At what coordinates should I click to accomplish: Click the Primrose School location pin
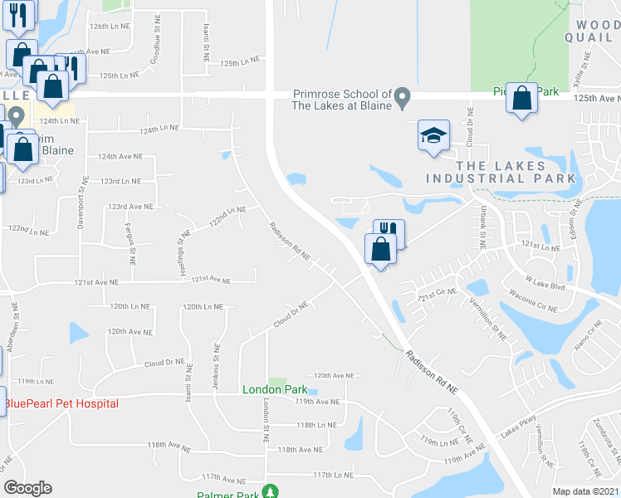[403, 99]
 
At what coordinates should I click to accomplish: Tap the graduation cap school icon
[433, 136]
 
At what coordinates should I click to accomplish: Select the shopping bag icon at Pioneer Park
[521, 99]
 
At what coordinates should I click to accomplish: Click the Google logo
[27, 488]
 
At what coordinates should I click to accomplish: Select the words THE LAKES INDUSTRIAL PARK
[500, 170]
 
